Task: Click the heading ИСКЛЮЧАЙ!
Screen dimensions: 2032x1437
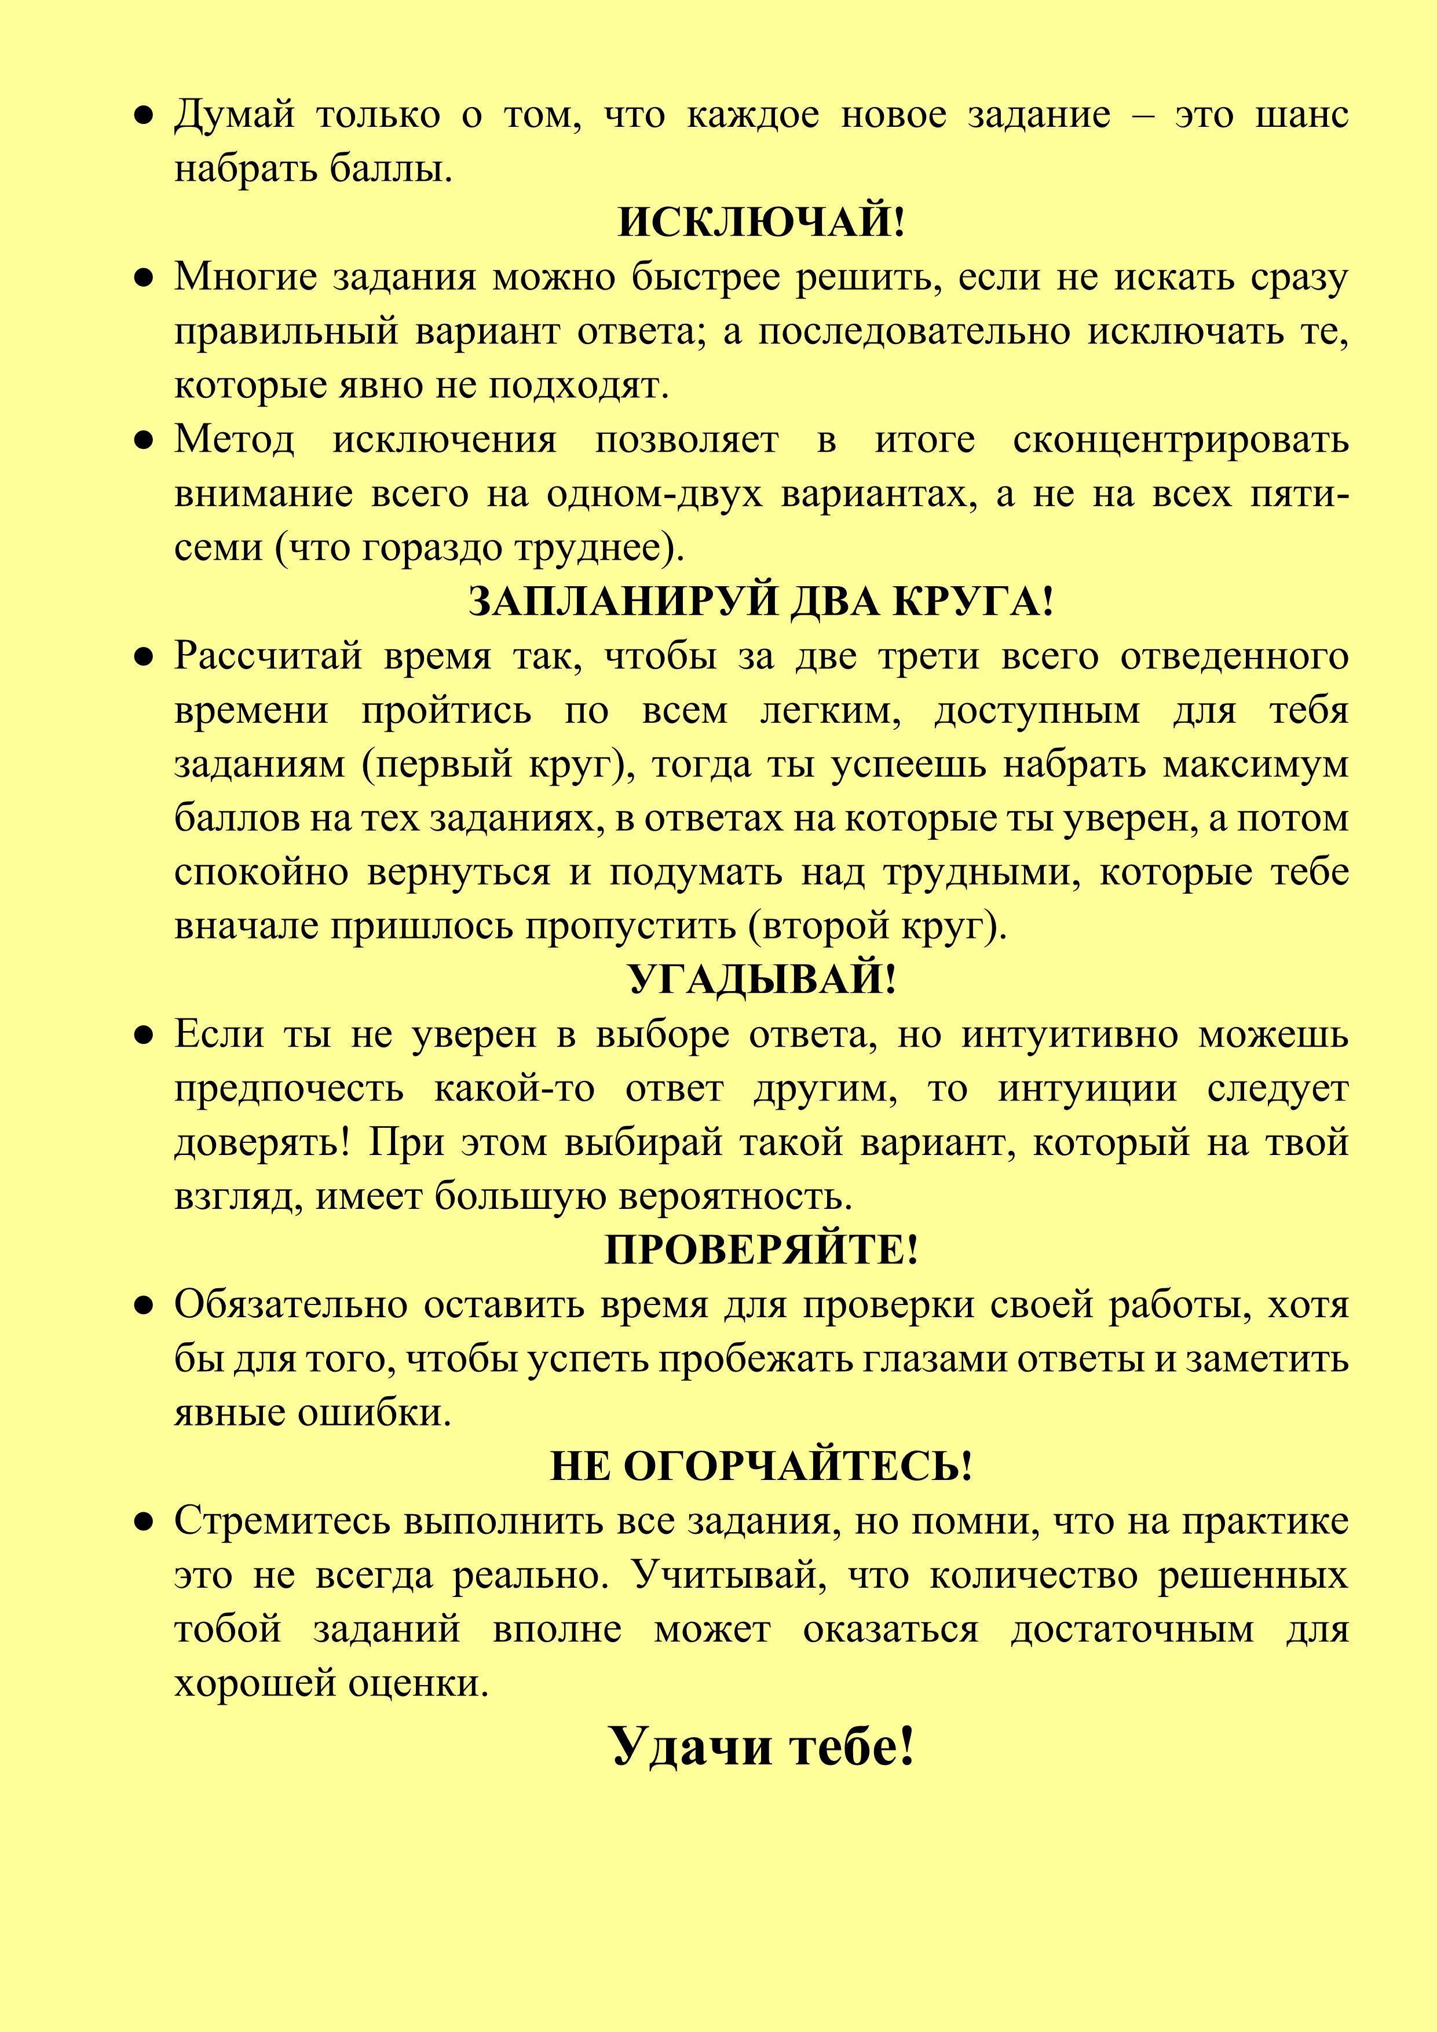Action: [x=761, y=221]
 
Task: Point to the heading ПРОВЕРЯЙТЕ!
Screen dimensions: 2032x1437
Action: [x=762, y=1249]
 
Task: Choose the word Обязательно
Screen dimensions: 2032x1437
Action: [x=290, y=1304]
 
